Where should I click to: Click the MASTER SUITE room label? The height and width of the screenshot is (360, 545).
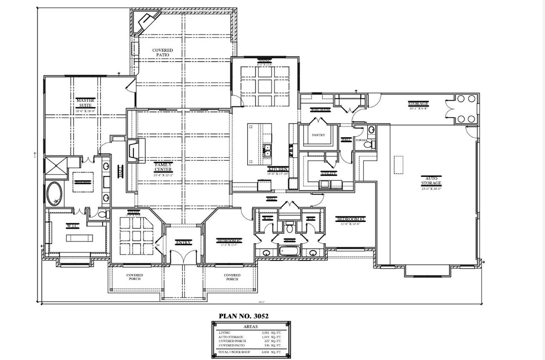click(85, 103)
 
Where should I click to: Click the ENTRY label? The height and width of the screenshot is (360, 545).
click(184, 242)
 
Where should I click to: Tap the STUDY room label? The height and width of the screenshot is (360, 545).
click(133, 213)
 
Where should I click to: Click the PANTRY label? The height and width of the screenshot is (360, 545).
click(318, 135)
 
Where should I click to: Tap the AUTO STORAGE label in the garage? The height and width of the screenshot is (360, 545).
click(431, 181)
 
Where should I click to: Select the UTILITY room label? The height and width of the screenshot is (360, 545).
click(329, 173)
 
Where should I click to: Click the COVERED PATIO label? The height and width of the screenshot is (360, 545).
click(163, 52)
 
